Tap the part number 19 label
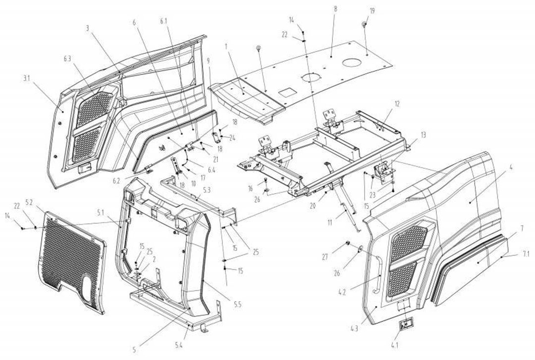pyautogui.click(x=373, y=10)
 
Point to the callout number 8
pyautogui.click(x=335, y=9)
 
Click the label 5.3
pyautogui.click(x=207, y=189)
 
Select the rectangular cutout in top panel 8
pyautogui.click(x=287, y=92)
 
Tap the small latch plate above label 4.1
pyautogui.click(x=407, y=324)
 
